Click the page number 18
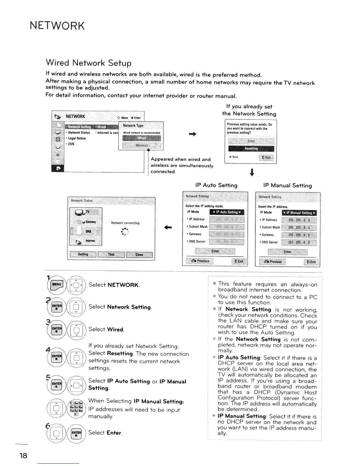coord(23,456)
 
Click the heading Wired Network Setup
coord(89,63)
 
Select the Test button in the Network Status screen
coord(111,254)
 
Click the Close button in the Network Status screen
coord(139,255)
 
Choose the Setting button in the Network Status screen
coord(83,254)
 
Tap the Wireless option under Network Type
coord(141,145)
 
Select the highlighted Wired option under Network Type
coord(141,138)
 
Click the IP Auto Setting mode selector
coord(227,212)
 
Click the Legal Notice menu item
coord(77,138)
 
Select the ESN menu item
coord(71,144)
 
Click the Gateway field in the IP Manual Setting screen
coord(299,235)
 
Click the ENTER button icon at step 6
coord(76,433)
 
